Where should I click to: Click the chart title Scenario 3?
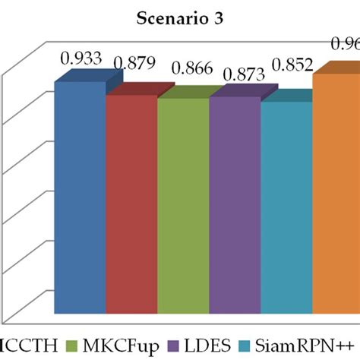179,17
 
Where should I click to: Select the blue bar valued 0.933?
80,197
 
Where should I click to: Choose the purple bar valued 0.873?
235,204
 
